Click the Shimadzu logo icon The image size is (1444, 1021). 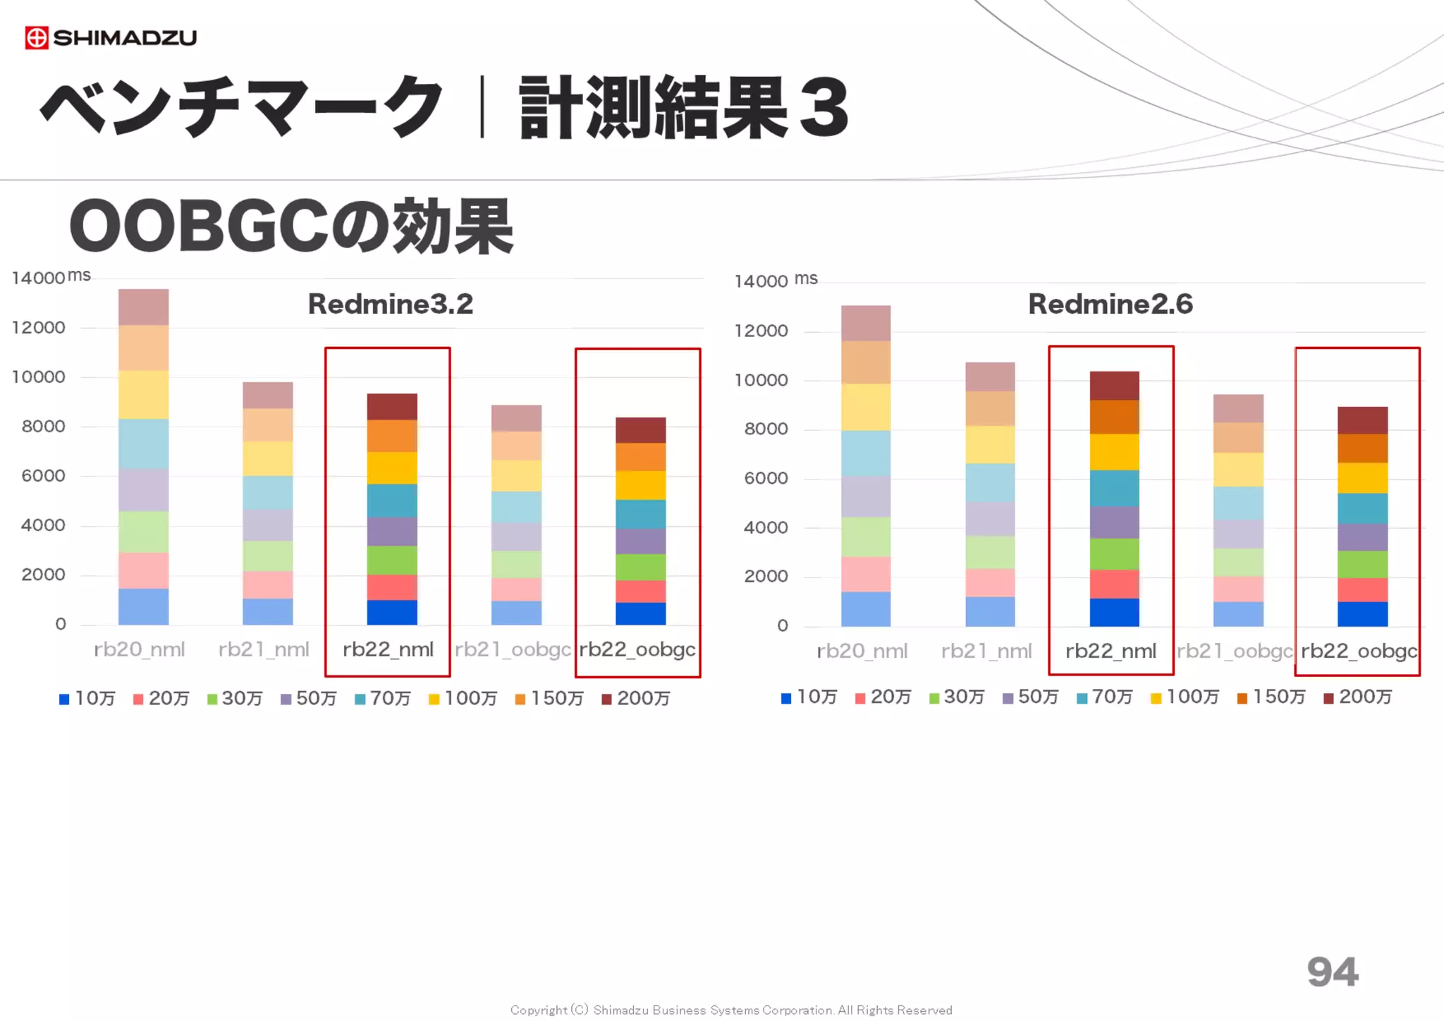point(37,37)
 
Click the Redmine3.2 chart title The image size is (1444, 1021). point(390,304)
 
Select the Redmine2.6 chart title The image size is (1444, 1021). point(1110,304)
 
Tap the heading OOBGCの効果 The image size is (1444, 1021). point(291,226)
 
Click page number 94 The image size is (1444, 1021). point(1332,972)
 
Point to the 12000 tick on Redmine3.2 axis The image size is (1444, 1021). point(39,328)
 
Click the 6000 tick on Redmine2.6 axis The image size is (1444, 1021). point(766,478)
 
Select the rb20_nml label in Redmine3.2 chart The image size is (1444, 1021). point(140,649)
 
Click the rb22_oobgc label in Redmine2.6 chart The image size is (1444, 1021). point(1359,651)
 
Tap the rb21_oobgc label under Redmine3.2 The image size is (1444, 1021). point(513,649)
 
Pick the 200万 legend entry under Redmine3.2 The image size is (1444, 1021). point(636,698)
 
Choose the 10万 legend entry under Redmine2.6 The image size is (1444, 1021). point(809,697)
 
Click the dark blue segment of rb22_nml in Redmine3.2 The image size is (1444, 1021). point(392,612)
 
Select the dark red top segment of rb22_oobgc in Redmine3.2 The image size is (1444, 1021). point(640,430)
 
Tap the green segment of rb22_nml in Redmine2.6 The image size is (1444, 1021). point(1114,554)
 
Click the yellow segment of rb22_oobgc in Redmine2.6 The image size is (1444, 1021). point(1362,477)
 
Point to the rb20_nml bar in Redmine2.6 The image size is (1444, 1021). point(866,465)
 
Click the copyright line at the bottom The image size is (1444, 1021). point(731,1010)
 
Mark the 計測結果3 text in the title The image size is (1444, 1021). point(683,107)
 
